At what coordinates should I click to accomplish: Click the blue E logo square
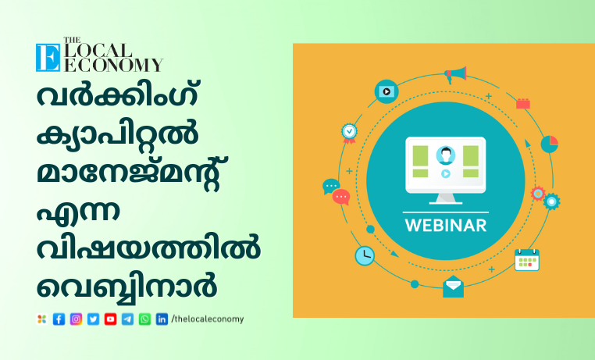point(48,57)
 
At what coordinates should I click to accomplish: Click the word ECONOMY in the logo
point(113,65)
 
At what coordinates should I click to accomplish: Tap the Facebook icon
point(59,319)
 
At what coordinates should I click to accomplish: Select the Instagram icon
point(76,319)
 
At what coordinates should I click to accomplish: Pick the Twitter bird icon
point(94,319)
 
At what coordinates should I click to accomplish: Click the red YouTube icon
point(110,319)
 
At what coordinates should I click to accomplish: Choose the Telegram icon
point(127,319)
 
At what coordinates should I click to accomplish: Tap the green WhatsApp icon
point(144,319)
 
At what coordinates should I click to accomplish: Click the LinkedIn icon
point(162,319)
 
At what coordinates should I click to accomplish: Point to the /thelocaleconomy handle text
point(208,319)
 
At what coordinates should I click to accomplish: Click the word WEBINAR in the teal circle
point(446,226)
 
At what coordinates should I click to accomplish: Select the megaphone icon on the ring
point(455,74)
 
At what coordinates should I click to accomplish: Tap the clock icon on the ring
point(365,255)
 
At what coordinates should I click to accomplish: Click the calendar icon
point(527,260)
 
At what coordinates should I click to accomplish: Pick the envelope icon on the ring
point(453,287)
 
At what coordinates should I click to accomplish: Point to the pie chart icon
point(550,144)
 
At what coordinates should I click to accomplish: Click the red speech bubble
point(340,198)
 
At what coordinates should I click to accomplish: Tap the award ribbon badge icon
point(349,134)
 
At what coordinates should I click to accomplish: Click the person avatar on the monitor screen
point(446,155)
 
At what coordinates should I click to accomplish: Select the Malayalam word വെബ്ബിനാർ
point(126,287)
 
